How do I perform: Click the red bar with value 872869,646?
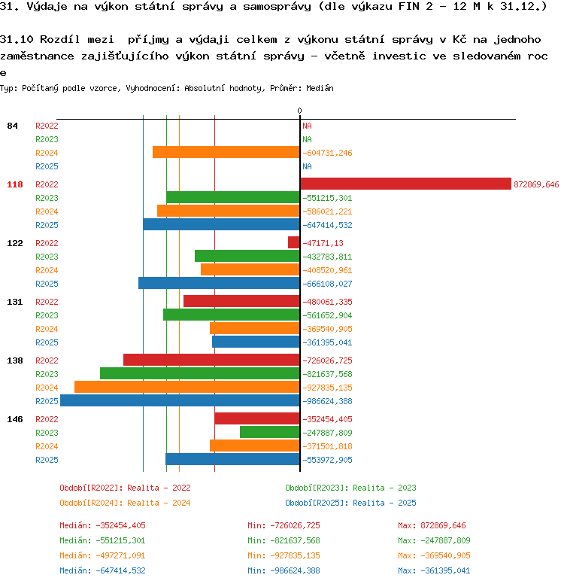[x=406, y=184]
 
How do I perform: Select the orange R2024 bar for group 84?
[x=226, y=152]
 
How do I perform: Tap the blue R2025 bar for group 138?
[x=180, y=400]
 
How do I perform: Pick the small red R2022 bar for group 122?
[x=294, y=242]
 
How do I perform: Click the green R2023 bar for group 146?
[x=270, y=432]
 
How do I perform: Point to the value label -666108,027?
[x=327, y=284]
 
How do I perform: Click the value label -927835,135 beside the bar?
[x=327, y=388]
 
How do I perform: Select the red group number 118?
[x=15, y=184]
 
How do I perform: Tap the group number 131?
[x=15, y=302]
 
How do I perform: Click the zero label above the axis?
[x=300, y=111]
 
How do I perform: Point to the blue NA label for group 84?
[x=307, y=166]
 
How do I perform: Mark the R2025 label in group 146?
[x=47, y=460]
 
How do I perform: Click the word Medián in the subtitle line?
[x=320, y=88]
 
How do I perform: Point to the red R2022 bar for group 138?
[x=211, y=360]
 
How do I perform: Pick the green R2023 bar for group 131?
[x=232, y=315]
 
